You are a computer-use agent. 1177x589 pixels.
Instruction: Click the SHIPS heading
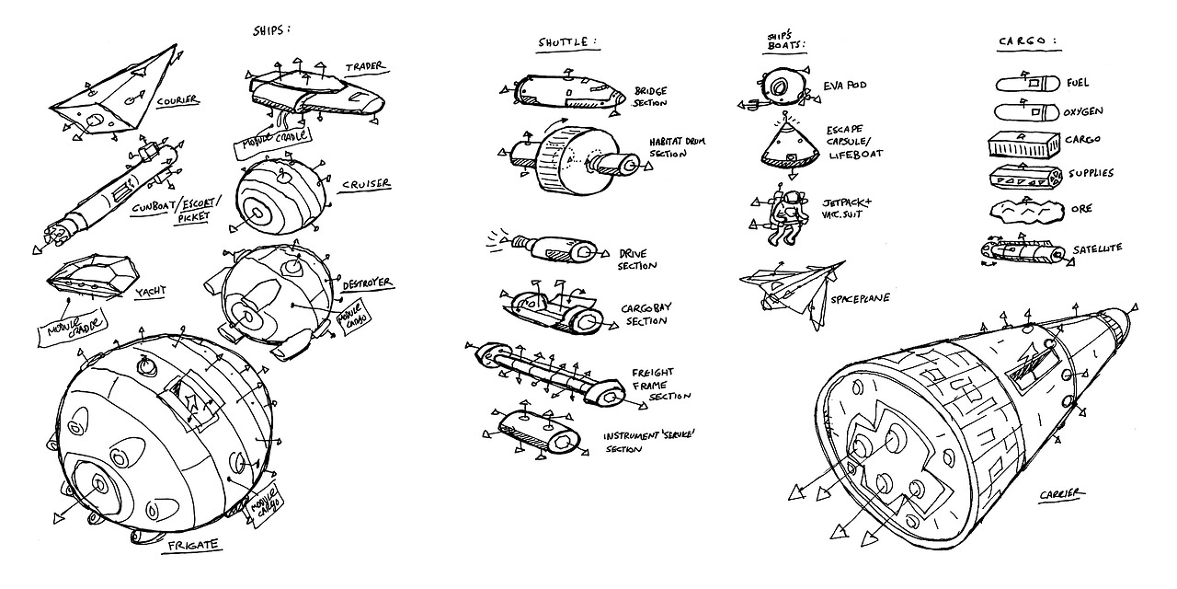(x=270, y=29)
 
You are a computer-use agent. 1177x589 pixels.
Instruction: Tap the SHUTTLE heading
(x=566, y=43)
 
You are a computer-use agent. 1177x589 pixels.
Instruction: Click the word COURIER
(x=177, y=100)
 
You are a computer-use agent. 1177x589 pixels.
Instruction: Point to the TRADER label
(x=364, y=67)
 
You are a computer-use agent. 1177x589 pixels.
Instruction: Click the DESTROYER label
(x=367, y=282)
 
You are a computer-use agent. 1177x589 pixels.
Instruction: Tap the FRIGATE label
(x=193, y=545)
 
